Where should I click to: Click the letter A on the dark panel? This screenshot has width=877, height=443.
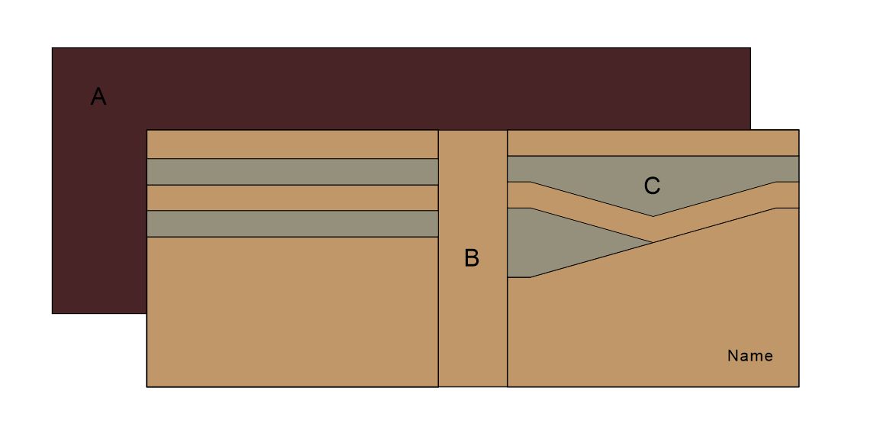(x=98, y=97)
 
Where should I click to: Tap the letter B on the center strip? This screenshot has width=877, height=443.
(x=472, y=259)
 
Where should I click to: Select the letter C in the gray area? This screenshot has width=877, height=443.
(x=652, y=186)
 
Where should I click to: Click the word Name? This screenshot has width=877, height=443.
(x=750, y=356)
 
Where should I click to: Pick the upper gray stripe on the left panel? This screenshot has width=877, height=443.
(x=292, y=172)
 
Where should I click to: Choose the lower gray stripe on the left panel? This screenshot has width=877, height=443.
(x=292, y=224)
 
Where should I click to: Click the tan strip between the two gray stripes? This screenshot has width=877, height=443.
(x=292, y=198)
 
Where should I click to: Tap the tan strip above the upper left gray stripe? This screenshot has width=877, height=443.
(x=292, y=144)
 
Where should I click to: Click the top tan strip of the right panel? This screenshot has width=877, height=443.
(x=653, y=143)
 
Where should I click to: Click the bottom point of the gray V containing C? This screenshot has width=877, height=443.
(x=653, y=215)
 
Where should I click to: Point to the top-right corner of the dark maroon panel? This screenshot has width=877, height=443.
(x=750, y=48)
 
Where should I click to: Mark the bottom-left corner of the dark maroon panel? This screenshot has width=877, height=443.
(x=52, y=313)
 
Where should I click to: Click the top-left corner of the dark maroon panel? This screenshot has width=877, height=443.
(x=52, y=48)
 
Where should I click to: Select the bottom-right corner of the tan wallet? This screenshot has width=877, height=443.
(x=798, y=386)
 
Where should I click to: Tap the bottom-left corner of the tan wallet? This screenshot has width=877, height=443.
(x=147, y=386)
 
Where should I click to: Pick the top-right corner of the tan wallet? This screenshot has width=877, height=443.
(x=798, y=130)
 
